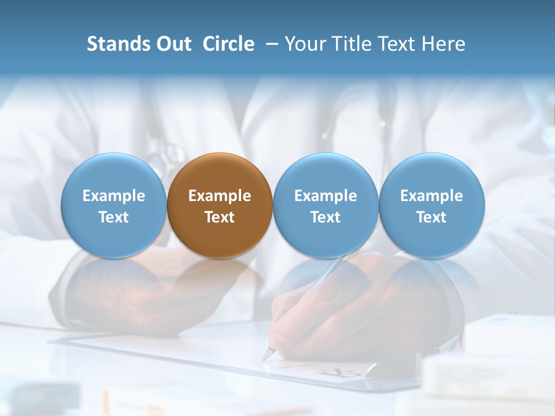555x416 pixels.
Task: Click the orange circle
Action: coord(220,205)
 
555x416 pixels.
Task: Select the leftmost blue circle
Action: coord(113,205)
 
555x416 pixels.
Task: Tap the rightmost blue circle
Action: coord(431,205)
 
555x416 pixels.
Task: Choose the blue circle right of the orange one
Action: coord(325,205)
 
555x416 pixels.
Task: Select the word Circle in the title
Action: coord(228,44)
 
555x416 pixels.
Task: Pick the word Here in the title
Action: coord(445,44)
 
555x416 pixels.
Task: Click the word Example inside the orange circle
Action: coord(220,196)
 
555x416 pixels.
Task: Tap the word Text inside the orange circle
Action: coord(220,217)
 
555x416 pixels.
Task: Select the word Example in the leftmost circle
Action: coord(113,196)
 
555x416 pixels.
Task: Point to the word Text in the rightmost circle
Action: coord(431,217)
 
